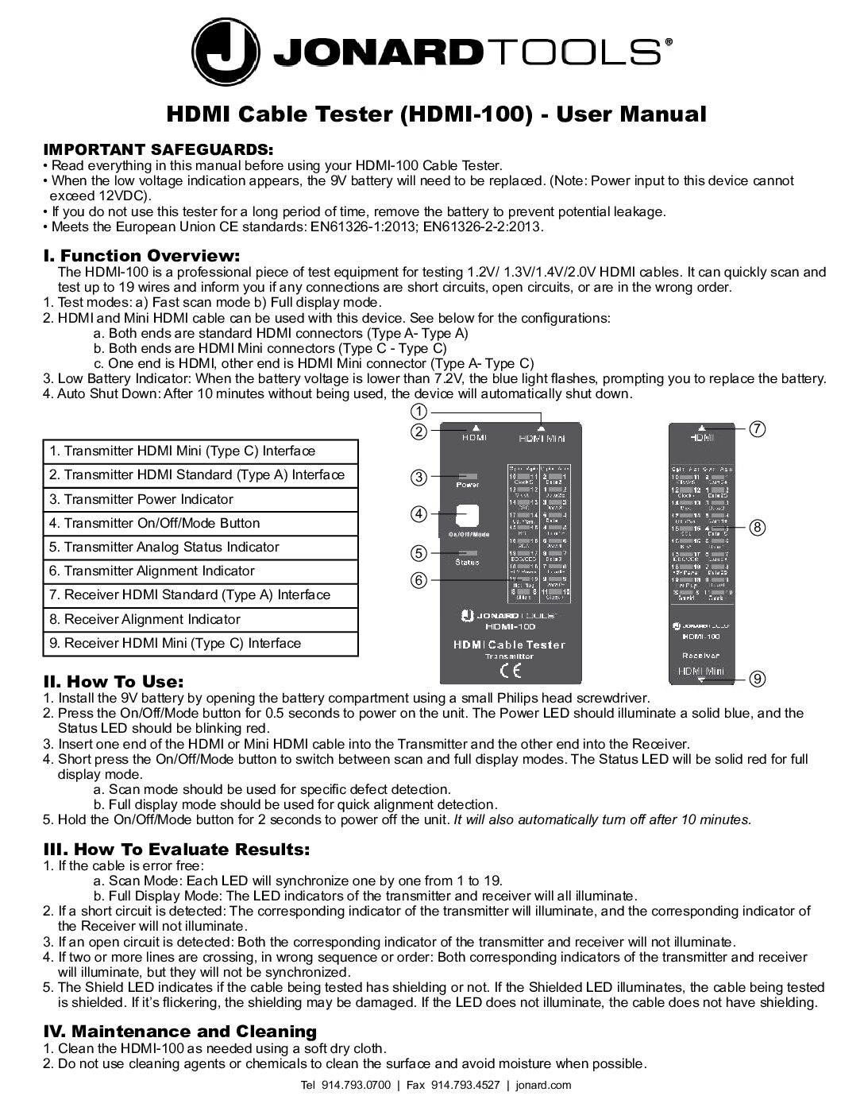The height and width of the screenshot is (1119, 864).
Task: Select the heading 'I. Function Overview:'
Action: point(141,256)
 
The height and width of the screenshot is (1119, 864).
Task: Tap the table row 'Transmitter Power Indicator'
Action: point(200,499)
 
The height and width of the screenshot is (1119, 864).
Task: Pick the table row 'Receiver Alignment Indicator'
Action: point(200,619)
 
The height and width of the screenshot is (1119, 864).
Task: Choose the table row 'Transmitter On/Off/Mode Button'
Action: point(200,523)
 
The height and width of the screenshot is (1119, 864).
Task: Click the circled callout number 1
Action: point(418,411)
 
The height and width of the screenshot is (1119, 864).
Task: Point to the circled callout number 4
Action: point(418,513)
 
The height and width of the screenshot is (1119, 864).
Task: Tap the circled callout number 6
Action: point(418,580)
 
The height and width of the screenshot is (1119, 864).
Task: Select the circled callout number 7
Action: point(757,429)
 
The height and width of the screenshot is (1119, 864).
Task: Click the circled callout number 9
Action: point(757,678)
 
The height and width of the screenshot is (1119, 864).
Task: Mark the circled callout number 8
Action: point(757,527)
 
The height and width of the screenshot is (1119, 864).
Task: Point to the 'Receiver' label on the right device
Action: point(701,656)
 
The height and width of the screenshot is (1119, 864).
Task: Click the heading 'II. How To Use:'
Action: point(113,682)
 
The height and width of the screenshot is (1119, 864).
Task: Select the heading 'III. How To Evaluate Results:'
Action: point(175,850)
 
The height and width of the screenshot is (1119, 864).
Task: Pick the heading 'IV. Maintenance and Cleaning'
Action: point(179,1032)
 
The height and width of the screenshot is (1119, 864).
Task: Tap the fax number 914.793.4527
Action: point(465,1085)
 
